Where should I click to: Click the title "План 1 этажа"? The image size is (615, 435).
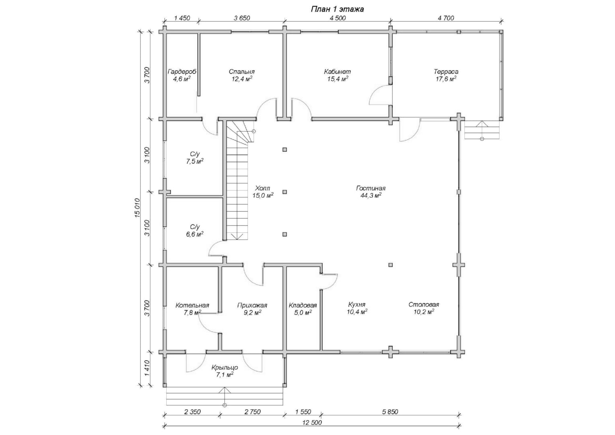(337, 9)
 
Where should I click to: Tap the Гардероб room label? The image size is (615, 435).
(182, 72)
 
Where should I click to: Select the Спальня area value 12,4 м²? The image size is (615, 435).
(241, 79)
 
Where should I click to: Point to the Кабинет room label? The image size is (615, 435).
(337, 72)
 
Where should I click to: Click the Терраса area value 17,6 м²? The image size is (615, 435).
(446, 79)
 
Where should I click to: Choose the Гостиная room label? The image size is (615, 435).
(371, 188)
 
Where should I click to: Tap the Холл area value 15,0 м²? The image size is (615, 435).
(263, 195)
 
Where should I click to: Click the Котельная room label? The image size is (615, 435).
(192, 305)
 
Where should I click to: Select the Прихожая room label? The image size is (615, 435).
(252, 305)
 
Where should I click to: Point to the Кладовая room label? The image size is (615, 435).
(303, 305)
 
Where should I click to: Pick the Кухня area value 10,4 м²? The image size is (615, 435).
(357, 312)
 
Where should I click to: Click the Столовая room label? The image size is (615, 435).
(424, 304)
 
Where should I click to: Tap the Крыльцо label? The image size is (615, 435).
(225, 368)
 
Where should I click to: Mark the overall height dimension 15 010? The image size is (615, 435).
(137, 208)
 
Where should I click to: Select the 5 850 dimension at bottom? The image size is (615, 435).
(390, 412)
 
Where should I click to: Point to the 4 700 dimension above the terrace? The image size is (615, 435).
(446, 18)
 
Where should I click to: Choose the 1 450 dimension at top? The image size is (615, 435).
(182, 18)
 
